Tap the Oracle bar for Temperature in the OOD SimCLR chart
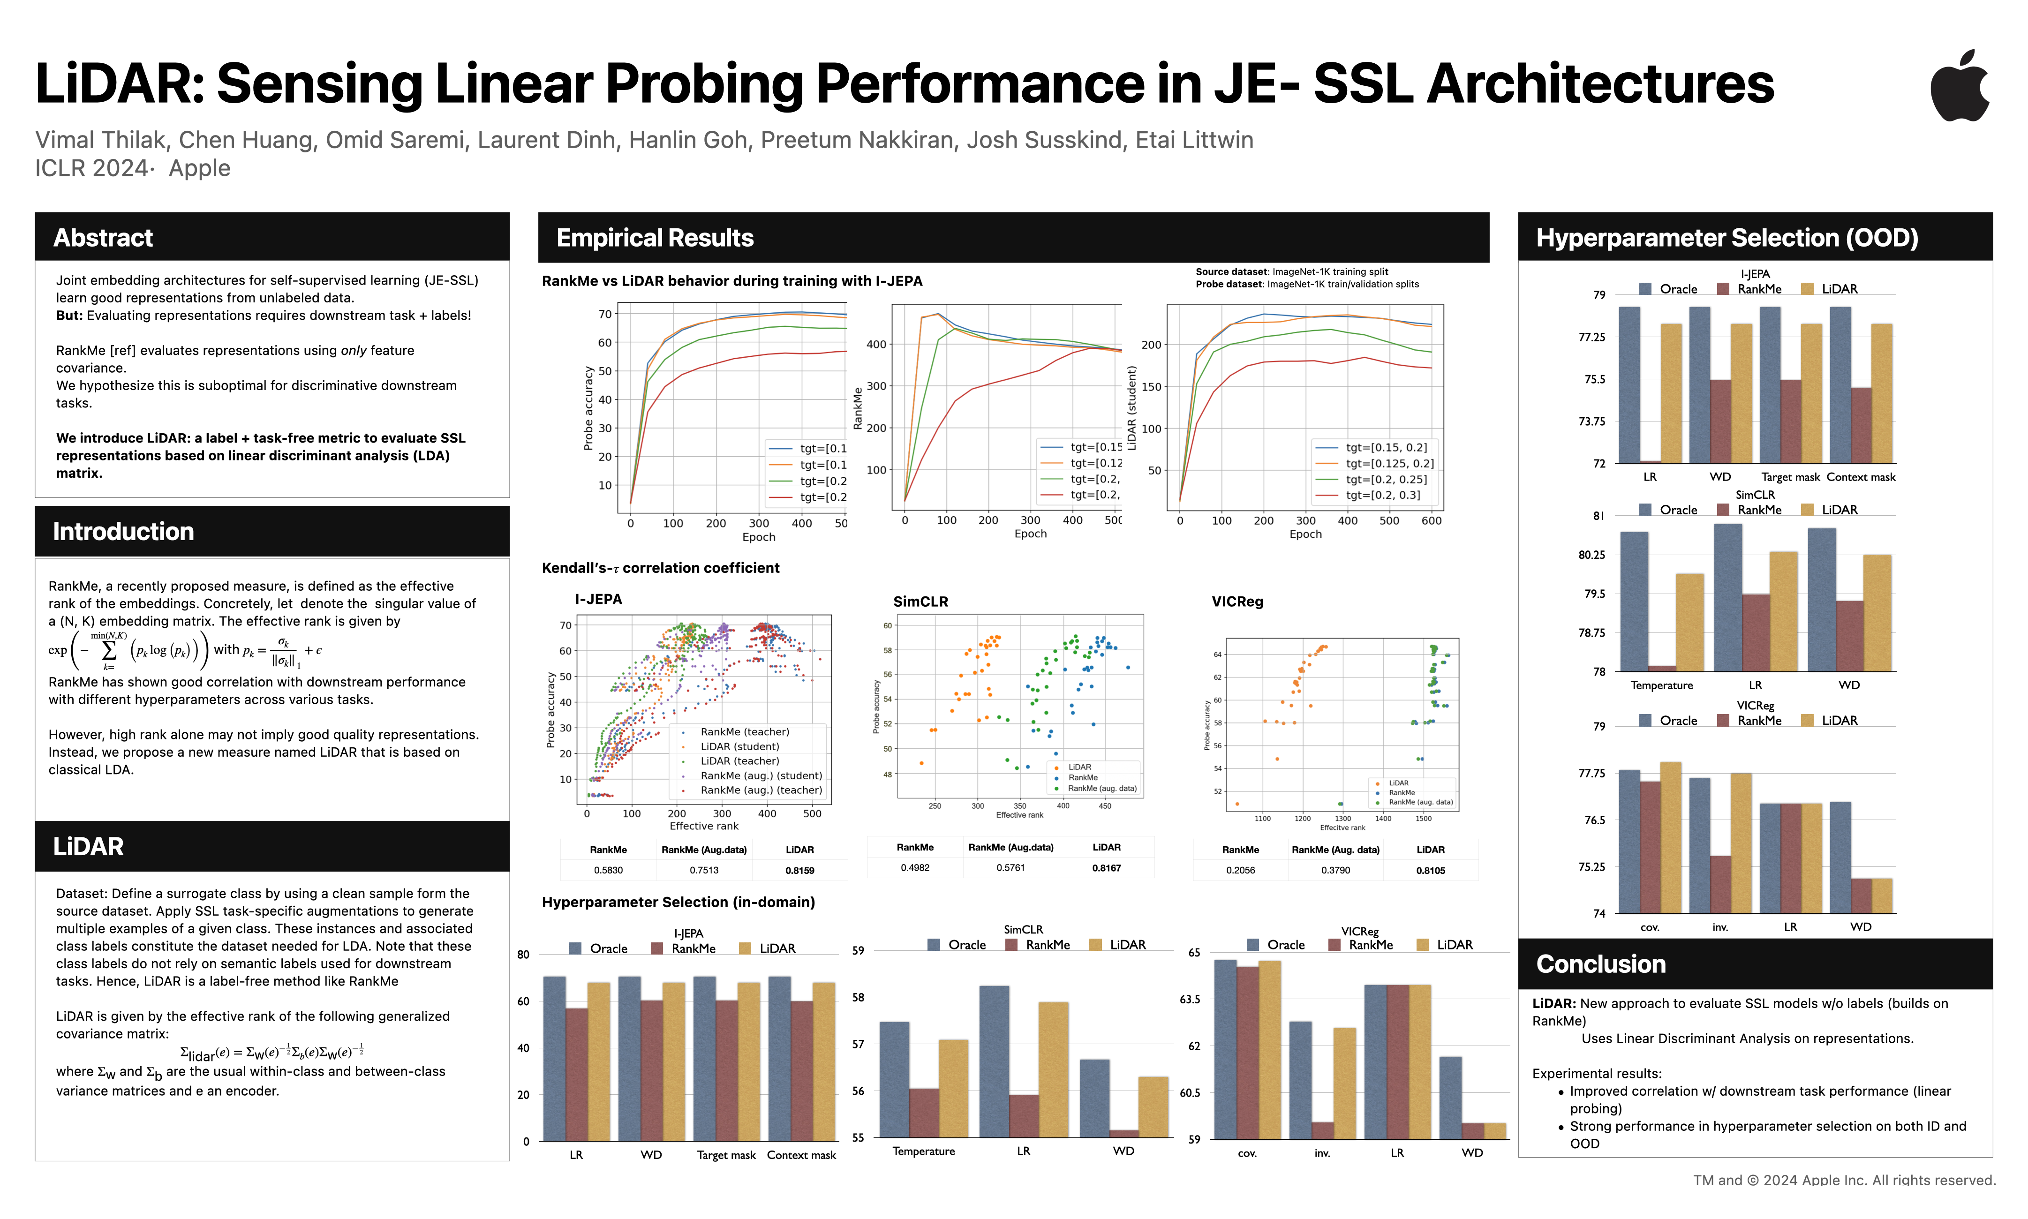1634,601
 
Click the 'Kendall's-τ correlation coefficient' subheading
660,568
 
